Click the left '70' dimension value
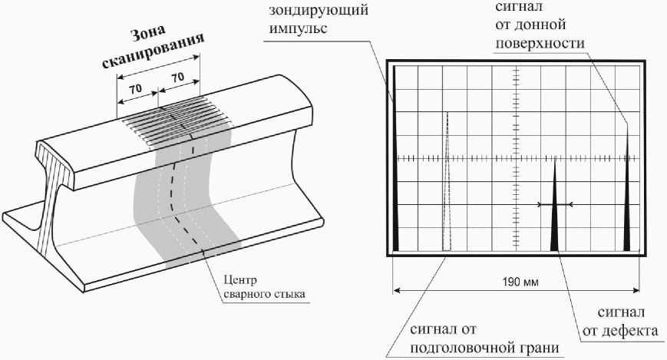coord(136,89)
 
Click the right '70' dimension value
coord(177,78)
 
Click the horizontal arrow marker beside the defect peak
coord(556,204)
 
